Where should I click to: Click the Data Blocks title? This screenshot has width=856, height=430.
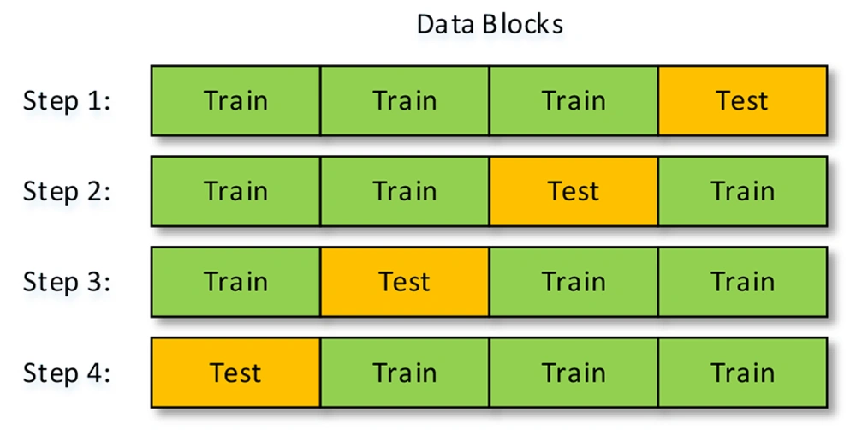[490, 24]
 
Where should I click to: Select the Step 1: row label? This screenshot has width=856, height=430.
[67, 100]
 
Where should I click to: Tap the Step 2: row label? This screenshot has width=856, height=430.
[67, 191]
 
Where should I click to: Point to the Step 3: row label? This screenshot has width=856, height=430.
[67, 282]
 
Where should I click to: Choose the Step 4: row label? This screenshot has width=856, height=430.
[67, 373]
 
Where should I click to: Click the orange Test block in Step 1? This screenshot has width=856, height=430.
[742, 100]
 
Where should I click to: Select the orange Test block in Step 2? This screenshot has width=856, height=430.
[574, 191]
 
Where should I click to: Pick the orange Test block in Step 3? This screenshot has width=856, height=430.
[405, 282]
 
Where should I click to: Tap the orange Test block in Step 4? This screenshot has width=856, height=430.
[236, 373]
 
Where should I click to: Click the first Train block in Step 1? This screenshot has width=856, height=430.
[236, 100]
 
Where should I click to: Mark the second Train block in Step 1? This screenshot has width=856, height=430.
[405, 100]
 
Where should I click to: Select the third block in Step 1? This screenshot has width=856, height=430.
[574, 100]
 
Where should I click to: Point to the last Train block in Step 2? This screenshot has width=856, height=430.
[742, 191]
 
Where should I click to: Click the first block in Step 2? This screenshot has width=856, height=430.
[236, 191]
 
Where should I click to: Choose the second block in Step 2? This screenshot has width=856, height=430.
[405, 191]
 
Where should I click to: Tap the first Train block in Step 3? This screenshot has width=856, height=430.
[236, 282]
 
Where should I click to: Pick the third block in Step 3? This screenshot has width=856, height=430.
[574, 282]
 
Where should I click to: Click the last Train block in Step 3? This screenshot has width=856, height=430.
[742, 282]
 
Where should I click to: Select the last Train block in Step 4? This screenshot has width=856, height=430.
[742, 373]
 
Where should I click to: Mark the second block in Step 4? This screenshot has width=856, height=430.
[405, 373]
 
